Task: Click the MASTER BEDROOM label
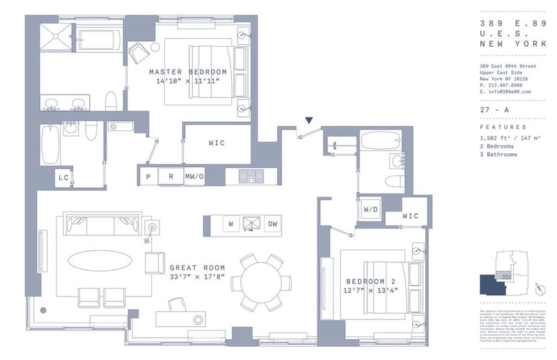point(188,72)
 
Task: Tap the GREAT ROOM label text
point(197,267)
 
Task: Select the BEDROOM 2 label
point(370,281)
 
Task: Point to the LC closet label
point(63,178)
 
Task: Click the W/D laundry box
point(370,208)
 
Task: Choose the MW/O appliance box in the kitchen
point(194,176)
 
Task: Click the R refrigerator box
point(171,176)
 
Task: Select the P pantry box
point(148,176)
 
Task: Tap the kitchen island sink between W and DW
point(251,224)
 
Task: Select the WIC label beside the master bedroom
point(217,143)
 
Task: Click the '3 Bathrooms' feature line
point(499,154)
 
